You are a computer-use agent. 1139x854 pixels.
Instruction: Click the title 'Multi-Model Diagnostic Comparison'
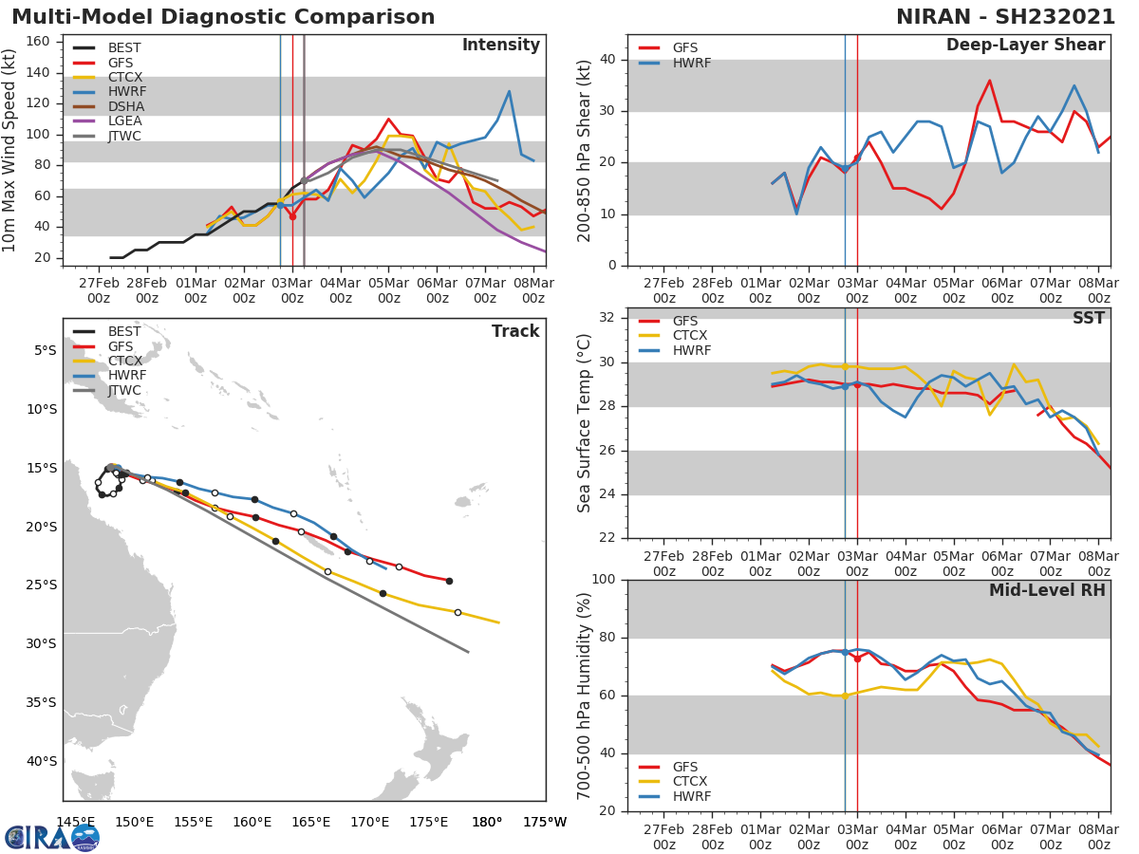223,17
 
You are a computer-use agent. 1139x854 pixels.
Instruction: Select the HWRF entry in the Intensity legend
126,92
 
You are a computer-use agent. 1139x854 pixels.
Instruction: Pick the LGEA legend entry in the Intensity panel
126,121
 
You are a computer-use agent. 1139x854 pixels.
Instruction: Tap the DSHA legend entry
126,107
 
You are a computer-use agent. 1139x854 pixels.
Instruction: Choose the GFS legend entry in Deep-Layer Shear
684,48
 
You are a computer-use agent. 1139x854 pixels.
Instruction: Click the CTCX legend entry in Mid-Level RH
691,782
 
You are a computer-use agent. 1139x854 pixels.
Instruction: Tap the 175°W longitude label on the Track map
545,822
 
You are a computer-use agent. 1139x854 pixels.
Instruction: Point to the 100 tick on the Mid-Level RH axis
605,580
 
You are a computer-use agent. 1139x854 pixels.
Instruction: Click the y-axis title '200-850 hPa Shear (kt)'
586,150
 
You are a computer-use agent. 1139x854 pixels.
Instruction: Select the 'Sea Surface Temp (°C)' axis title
586,423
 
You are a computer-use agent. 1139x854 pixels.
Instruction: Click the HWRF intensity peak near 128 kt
509,92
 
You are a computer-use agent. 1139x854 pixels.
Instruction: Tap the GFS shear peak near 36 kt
989,81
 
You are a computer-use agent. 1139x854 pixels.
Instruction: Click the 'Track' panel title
514,331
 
